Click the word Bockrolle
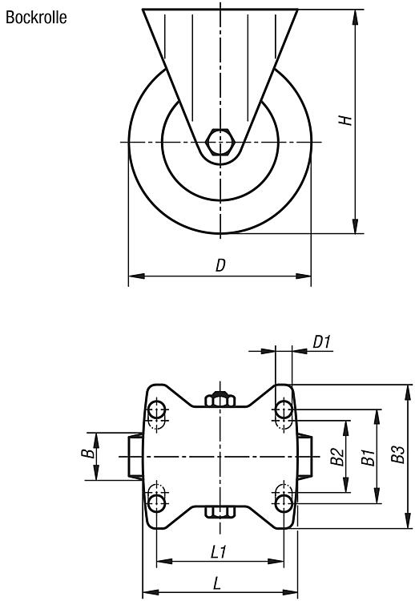36,18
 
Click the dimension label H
345,120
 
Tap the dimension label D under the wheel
220,265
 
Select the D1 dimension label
321,342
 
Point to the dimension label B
88,454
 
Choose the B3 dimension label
398,454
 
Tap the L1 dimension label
219,552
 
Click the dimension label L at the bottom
217,583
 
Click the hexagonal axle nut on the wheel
220,142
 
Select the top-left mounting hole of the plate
157,410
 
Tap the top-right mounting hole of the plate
284,410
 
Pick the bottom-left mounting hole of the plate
157,503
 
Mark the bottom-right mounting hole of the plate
284,503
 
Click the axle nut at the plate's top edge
220,399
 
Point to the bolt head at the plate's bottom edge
220,512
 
